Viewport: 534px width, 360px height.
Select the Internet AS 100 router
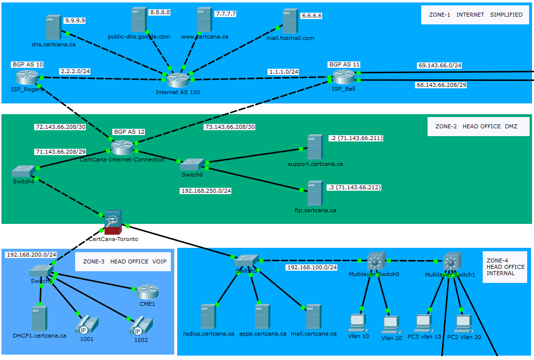point(177,80)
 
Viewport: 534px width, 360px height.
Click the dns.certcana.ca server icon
point(53,27)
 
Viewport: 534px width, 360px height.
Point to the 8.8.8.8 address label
point(159,12)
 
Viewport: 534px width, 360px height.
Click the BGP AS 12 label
point(129,132)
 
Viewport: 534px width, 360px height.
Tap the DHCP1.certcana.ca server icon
point(39,319)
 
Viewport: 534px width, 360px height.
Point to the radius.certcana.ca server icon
point(208,316)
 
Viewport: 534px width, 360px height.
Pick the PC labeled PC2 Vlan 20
point(464,323)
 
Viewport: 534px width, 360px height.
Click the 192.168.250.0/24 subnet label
point(205,191)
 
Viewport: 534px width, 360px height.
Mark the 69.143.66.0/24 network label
point(440,65)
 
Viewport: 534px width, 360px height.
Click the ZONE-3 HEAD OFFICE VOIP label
point(124,261)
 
